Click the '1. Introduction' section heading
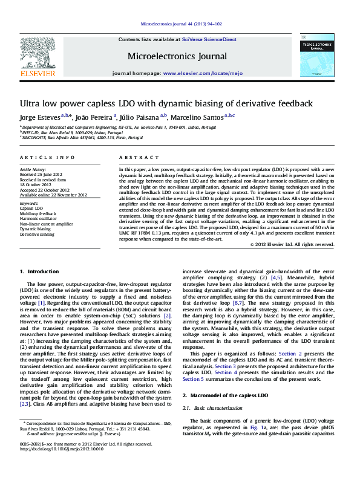[39, 272]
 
